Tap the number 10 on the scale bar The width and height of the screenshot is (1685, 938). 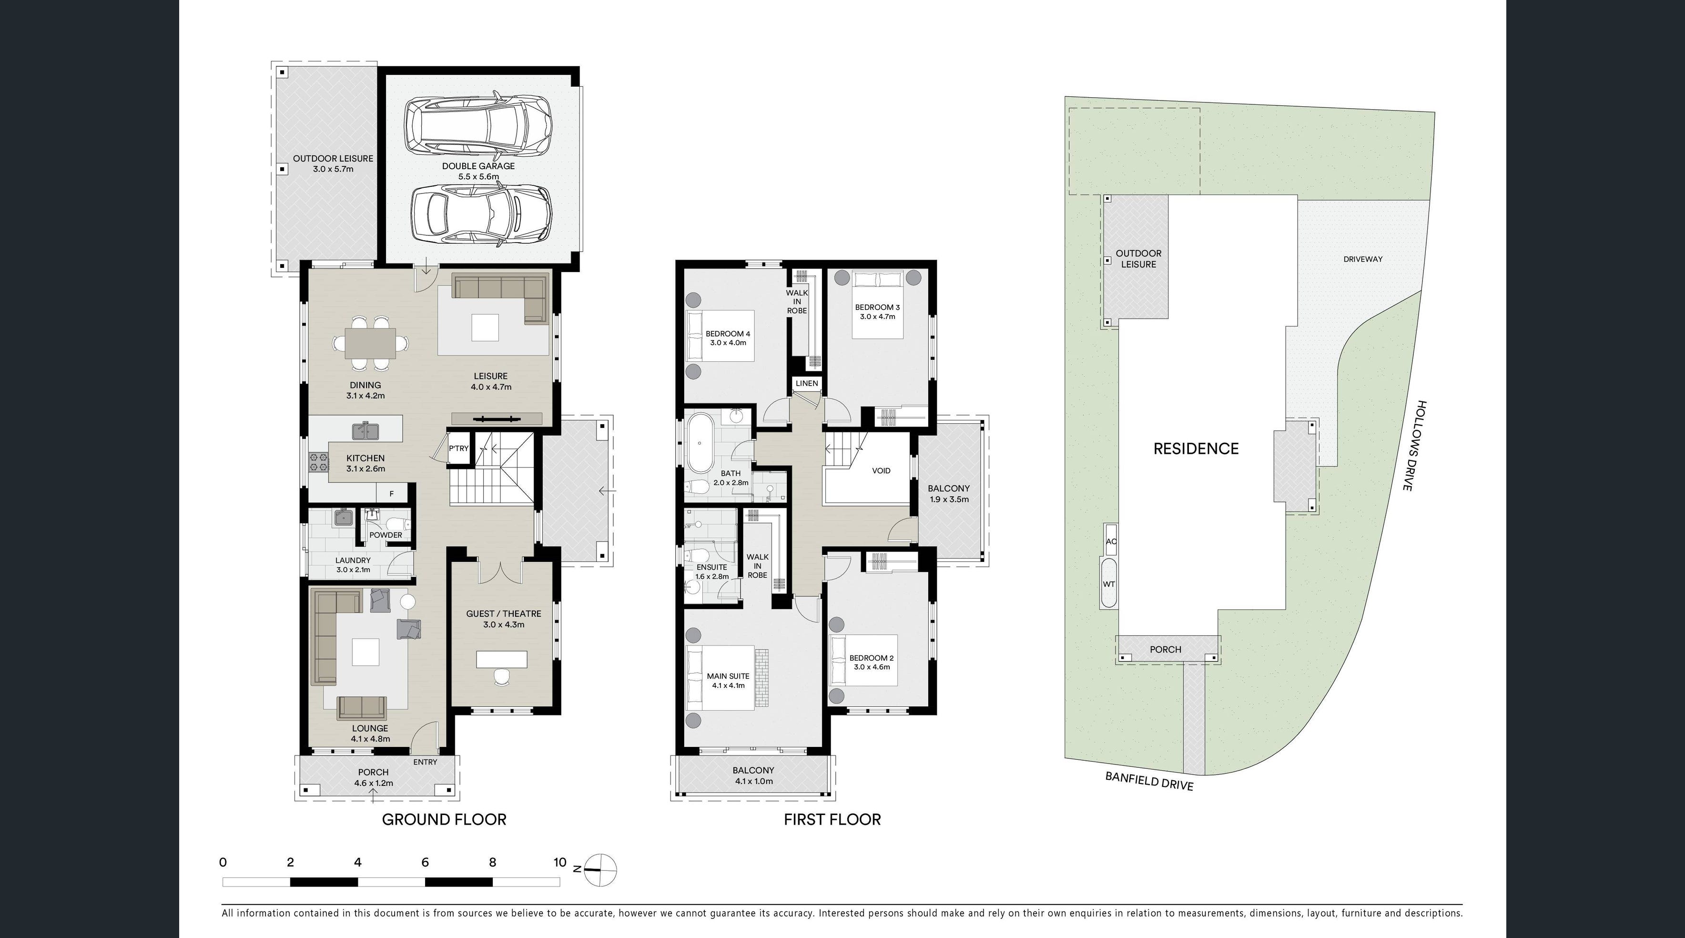coord(560,862)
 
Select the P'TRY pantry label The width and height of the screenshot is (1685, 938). coord(458,449)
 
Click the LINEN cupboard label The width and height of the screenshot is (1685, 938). coord(807,383)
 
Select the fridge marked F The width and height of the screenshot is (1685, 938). coord(392,494)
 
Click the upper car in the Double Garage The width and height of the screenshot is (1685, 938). coord(477,126)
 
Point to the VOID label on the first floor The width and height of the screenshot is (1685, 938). coord(881,471)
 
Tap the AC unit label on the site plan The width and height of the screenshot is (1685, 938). coord(1111,541)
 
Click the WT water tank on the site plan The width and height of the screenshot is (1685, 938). coord(1109,584)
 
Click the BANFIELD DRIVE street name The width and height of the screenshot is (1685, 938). coord(1149,781)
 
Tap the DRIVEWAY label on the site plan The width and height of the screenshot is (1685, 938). coord(1363,259)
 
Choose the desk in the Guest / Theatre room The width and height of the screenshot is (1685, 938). coord(502,659)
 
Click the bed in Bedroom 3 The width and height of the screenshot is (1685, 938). coord(878,305)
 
